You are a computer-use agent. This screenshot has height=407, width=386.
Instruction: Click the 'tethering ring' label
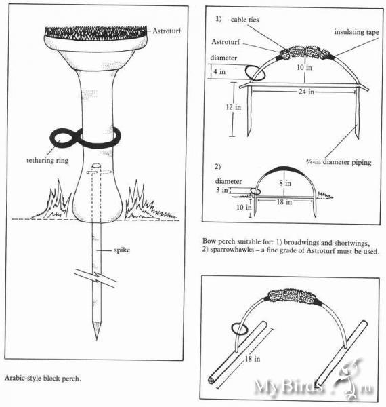47,160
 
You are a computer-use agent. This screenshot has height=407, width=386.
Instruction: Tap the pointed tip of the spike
97,338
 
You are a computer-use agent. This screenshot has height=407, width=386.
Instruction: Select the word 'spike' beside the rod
122,250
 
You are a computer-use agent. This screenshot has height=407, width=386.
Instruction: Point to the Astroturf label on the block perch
167,31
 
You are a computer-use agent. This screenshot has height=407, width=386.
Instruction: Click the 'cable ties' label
244,20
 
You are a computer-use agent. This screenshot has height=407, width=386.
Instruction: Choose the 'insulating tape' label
356,32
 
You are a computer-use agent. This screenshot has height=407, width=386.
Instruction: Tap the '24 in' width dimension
306,92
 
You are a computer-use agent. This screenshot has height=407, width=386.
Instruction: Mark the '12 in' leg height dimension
233,107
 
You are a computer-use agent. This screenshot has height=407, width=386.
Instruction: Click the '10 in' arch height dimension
304,67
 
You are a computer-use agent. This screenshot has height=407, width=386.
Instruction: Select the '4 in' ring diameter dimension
219,71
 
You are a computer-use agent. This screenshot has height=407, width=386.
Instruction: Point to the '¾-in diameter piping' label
339,162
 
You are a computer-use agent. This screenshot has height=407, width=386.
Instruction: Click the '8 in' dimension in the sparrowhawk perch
285,183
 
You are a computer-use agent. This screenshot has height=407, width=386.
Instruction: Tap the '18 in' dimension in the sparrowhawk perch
284,202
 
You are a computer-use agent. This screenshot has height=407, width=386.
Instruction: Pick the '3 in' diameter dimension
221,190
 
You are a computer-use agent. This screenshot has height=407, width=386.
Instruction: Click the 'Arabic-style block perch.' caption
43,379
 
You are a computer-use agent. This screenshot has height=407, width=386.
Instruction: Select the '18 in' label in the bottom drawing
253,359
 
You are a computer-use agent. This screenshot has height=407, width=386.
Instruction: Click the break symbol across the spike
96,278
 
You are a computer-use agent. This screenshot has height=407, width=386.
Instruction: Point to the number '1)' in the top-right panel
219,19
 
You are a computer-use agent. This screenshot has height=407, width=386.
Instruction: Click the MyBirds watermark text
289,387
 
